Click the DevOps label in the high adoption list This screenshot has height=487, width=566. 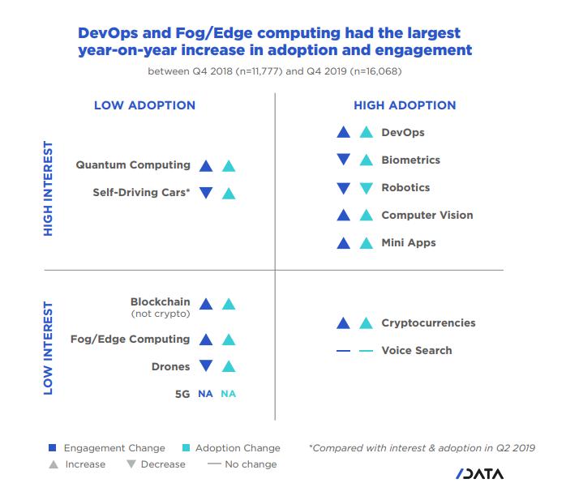point(403,133)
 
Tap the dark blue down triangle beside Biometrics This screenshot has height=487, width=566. point(343,160)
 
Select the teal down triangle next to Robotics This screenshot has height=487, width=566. point(367,188)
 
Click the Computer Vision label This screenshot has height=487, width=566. point(427,216)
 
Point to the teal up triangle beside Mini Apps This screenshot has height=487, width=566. point(367,242)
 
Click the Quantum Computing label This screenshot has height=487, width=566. point(133,165)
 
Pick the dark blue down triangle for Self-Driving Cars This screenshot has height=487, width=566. point(206,193)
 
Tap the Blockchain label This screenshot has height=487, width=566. point(161,301)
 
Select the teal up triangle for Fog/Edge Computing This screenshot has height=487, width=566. point(229,340)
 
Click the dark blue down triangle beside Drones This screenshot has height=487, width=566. point(206,367)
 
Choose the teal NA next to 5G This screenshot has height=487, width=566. point(229,394)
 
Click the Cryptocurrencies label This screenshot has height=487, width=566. point(428,323)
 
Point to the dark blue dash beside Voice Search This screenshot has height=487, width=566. point(343,351)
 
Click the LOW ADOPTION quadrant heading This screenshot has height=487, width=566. point(144,105)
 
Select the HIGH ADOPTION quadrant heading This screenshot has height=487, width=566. point(405,105)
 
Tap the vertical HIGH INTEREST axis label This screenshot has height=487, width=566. point(48,189)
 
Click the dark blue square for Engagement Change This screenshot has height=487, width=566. point(52,448)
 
